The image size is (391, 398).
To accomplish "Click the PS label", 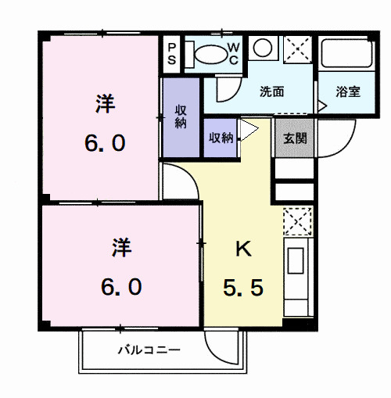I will coord(172,54).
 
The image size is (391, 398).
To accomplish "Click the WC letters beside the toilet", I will coord(233,54).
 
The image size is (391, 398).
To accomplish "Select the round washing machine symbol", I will coord(263,48).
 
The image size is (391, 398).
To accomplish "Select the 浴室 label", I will coord(348,91).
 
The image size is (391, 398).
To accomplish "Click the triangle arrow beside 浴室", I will coord(322,102).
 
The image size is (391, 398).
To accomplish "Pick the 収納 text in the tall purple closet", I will coord(181,116).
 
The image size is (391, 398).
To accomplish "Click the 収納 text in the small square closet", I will coord(220,138).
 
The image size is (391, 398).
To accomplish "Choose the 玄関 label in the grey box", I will coord(294,138).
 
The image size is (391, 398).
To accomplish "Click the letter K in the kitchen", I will coord(243,249).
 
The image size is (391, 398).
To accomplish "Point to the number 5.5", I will coord(243,287).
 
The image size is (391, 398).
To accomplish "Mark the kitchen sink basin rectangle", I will coord(297,263).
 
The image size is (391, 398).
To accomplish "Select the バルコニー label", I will coord(149,350).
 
